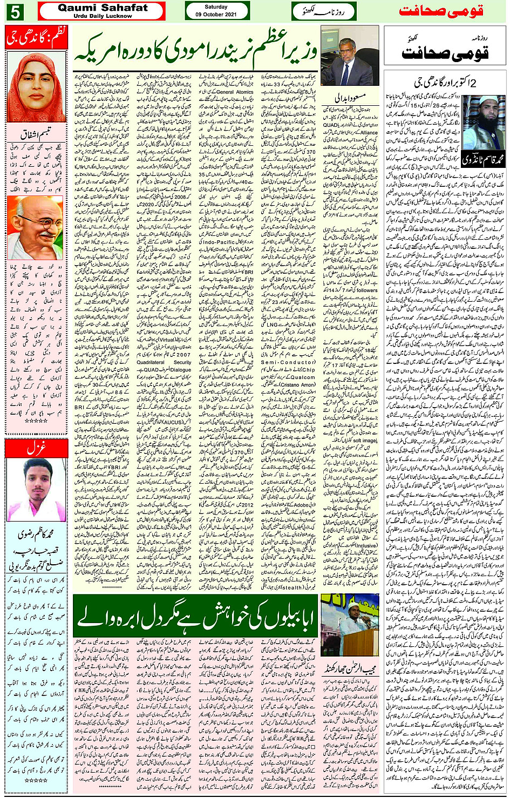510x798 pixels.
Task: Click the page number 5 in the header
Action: click(x=15, y=11)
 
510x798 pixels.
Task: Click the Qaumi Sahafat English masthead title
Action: click(x=103, y=8)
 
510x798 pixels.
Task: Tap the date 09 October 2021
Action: click(x=216, y=15)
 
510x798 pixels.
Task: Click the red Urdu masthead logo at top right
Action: click(x=441, y=11)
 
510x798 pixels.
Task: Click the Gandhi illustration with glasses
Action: click(x=35, y=227)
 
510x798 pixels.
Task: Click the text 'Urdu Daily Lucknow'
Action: click(x=103, y=16)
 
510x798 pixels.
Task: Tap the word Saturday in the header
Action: click(x=216, y=7)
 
